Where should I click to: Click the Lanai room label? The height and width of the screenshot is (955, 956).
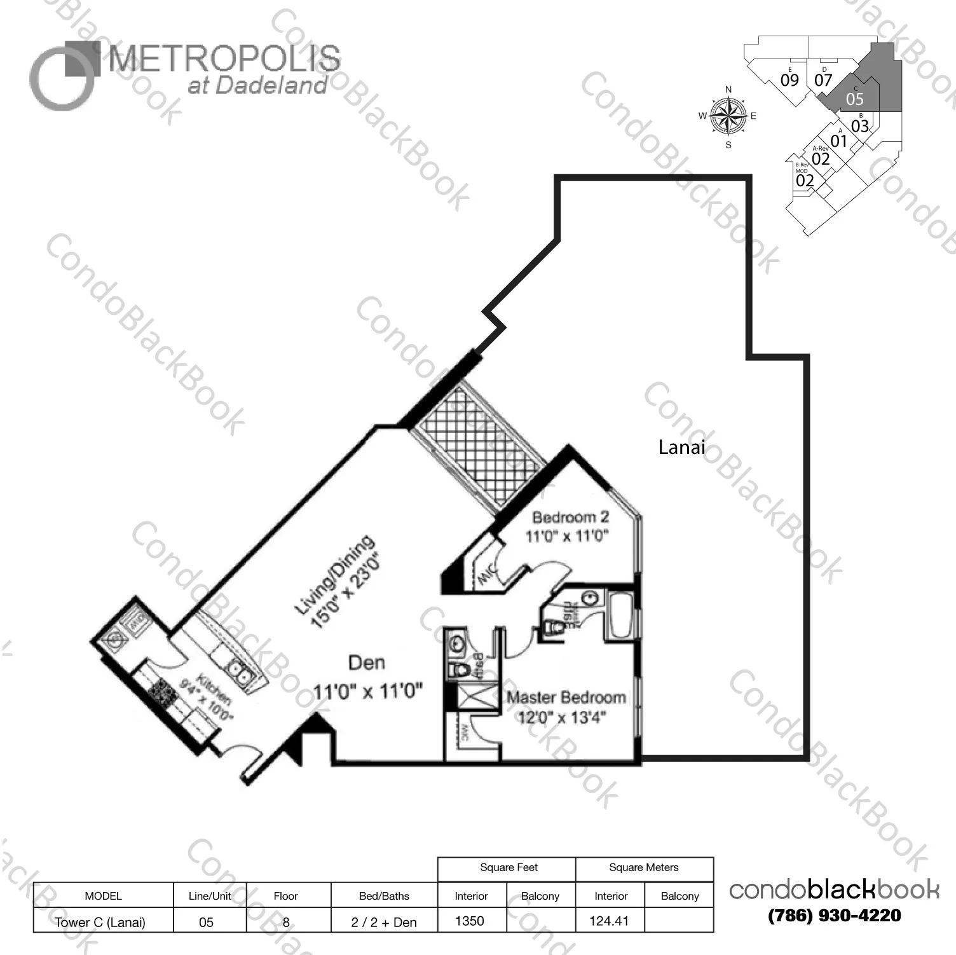tap(681, 448)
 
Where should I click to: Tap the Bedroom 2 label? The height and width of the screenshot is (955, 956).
tap(570, 517)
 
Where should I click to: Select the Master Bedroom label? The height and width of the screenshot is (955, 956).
tap(566, 697)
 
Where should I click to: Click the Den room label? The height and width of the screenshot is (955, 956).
tap(367, 663)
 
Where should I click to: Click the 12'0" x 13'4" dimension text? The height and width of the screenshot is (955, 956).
tap(562, 718)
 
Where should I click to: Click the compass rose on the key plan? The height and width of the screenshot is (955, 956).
tap(728, 116)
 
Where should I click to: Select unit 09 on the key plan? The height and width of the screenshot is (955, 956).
tap(789, 80)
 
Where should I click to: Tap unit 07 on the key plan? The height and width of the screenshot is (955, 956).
tap(823, 80)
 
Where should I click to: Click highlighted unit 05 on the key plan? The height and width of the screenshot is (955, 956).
tap(855, 99)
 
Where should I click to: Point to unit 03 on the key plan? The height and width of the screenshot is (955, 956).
tap(860, 126)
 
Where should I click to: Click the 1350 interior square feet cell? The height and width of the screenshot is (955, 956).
tap(470, 921)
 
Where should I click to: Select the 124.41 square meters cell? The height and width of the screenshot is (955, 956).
tap(609, 921)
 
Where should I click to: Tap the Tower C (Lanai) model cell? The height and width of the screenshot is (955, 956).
tap(100, 922)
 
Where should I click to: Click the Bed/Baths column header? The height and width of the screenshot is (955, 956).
tap(384, 896)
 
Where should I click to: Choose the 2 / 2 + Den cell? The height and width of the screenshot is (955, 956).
tap(384, 922)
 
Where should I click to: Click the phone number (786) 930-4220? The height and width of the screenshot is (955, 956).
tap(834, 916)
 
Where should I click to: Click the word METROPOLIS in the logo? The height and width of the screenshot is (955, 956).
tap(224, 59)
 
